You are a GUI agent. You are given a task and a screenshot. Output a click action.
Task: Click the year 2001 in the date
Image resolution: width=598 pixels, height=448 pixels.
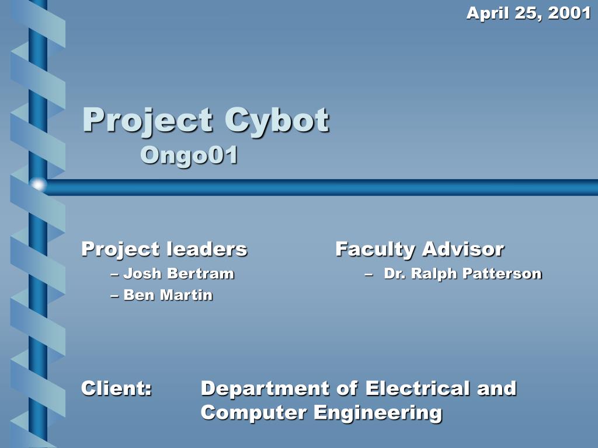point(569,13)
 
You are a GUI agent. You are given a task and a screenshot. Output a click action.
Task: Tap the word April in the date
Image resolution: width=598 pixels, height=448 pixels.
point(488,13)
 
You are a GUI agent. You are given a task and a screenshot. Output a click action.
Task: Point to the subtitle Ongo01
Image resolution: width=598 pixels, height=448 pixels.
point(189,155)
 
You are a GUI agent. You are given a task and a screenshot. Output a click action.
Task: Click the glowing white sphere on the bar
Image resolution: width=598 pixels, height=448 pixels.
point(39,185)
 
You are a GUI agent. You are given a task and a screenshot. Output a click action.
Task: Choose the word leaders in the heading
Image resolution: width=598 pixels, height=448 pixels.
point(206,249)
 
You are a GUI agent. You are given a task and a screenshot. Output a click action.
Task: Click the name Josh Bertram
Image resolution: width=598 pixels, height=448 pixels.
point(178,273)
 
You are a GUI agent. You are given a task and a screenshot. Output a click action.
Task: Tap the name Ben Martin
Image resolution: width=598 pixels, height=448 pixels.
point(168,295)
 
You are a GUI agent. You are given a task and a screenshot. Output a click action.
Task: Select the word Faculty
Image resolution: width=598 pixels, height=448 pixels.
point(375,250)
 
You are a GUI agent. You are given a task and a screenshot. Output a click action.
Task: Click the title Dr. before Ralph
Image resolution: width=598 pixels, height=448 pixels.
point(394,273)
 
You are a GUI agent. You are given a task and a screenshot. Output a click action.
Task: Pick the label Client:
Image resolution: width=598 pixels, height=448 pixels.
point(117,388)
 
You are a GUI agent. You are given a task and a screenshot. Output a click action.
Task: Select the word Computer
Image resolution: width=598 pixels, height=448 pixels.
point(254,413)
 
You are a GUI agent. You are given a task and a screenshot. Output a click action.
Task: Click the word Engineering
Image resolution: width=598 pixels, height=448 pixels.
point(378,413)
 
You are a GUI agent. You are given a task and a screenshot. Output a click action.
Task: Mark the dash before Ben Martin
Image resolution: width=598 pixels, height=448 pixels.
point(114,296)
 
